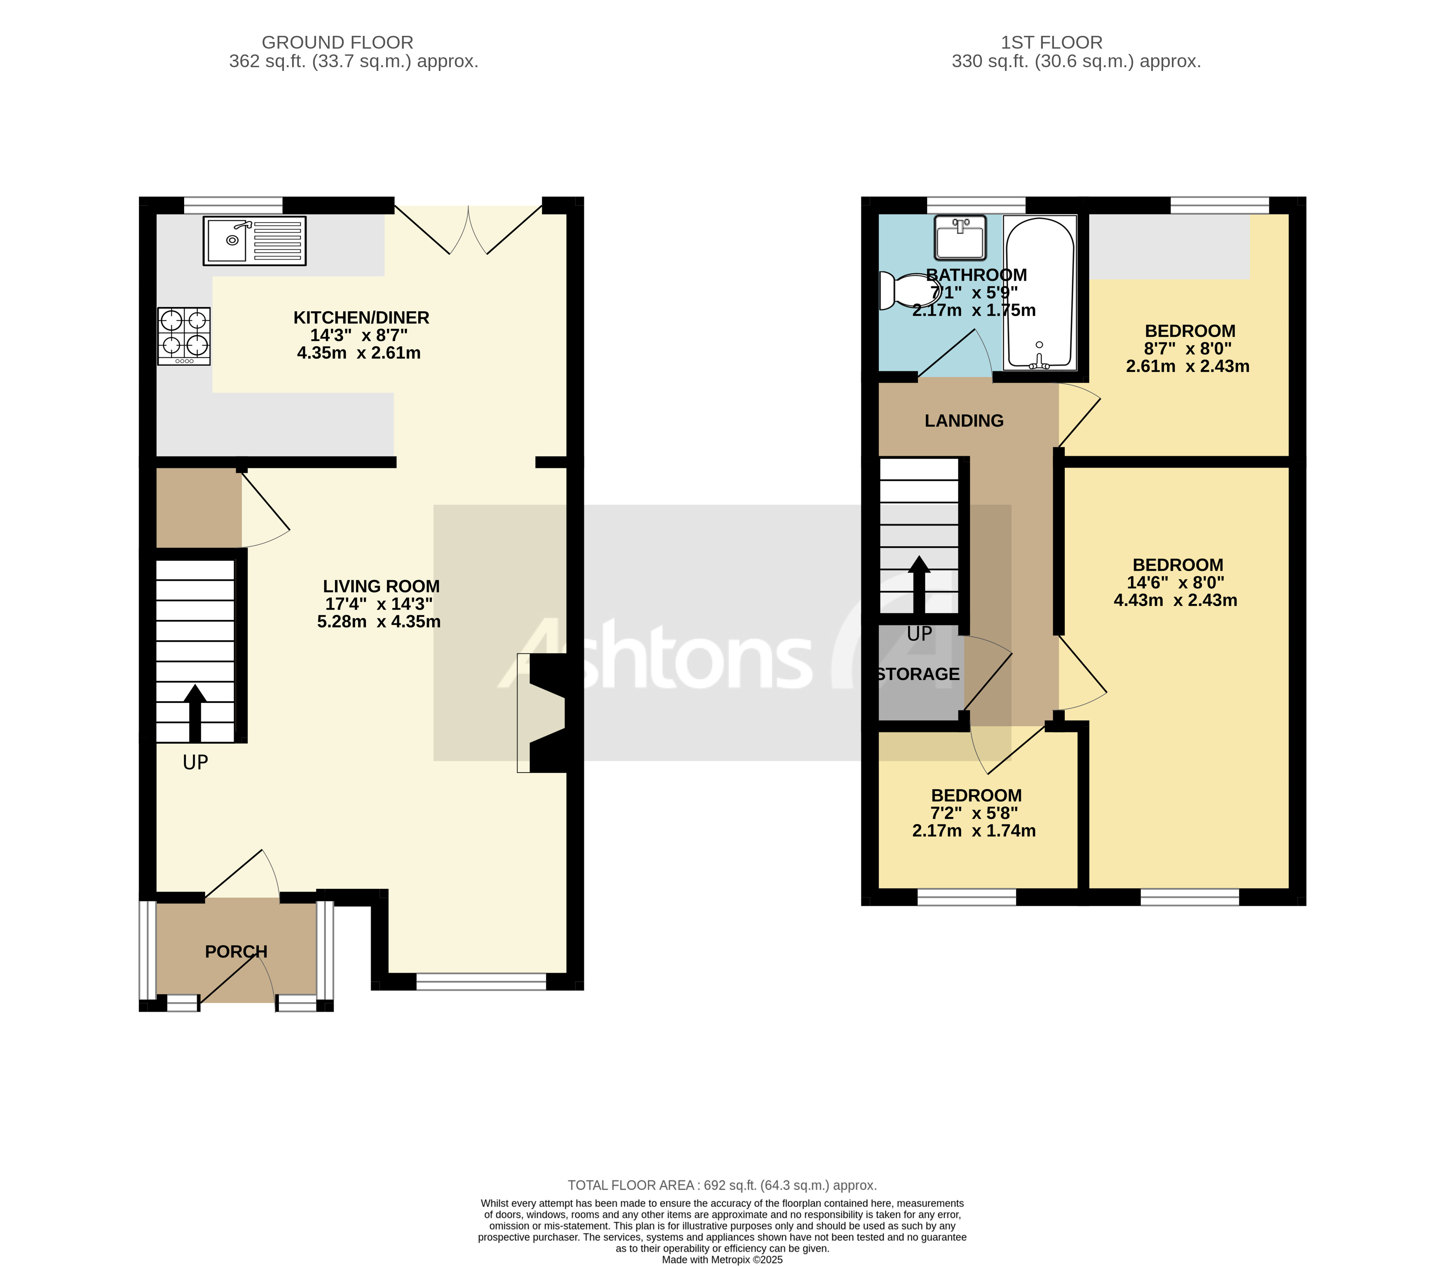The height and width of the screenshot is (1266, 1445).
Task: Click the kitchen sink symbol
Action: pos(254,241)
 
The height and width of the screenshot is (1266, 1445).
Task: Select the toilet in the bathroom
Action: pos(906,291)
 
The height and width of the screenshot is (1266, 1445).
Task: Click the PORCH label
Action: pos(236,951)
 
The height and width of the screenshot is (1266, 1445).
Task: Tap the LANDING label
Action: pos(964,421)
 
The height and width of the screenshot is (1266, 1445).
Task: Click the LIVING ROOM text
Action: pos(382,586)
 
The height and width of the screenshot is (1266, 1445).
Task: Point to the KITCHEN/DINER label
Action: pos(361,318)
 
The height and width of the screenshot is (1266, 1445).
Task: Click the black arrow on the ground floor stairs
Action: pos(195,712)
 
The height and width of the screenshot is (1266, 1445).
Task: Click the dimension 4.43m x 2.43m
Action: pos(1175,601)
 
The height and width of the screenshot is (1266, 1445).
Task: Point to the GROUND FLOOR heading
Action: pos(337,42)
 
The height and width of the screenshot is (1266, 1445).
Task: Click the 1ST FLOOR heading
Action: pos(1051,42)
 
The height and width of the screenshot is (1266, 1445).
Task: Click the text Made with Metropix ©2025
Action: pos(722,1259)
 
